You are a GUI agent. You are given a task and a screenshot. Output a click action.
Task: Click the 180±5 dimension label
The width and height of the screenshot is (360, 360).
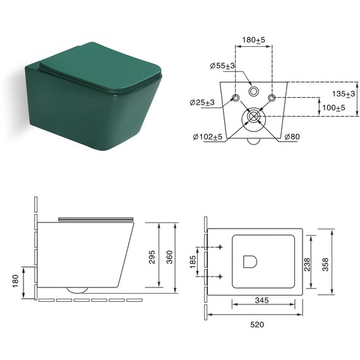[253, 40]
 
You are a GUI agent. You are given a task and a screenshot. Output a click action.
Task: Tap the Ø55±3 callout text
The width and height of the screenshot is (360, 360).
[222, 66]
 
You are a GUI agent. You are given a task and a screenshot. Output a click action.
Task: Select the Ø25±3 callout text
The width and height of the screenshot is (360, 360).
[202, 102]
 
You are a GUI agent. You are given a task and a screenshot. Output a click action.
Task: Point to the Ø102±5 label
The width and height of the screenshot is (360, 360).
[208, 137]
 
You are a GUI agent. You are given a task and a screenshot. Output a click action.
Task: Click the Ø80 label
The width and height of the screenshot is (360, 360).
[292, 137]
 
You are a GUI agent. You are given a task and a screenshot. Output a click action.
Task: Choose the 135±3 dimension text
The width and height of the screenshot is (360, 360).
[344, 93]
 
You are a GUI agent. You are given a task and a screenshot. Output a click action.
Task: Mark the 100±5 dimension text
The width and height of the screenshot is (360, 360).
[333, 107]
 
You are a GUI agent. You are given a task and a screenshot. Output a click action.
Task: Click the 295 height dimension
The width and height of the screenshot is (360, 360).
[152, 257]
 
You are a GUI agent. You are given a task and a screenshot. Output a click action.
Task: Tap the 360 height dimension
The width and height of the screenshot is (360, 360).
[169, 257]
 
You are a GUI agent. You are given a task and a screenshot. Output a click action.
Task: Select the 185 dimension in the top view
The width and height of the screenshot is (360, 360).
[193, 261]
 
